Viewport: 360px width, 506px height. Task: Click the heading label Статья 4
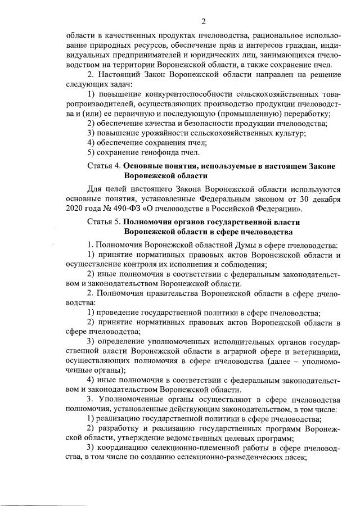104,166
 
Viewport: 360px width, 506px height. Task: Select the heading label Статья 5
104,222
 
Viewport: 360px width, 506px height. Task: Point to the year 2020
75,209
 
